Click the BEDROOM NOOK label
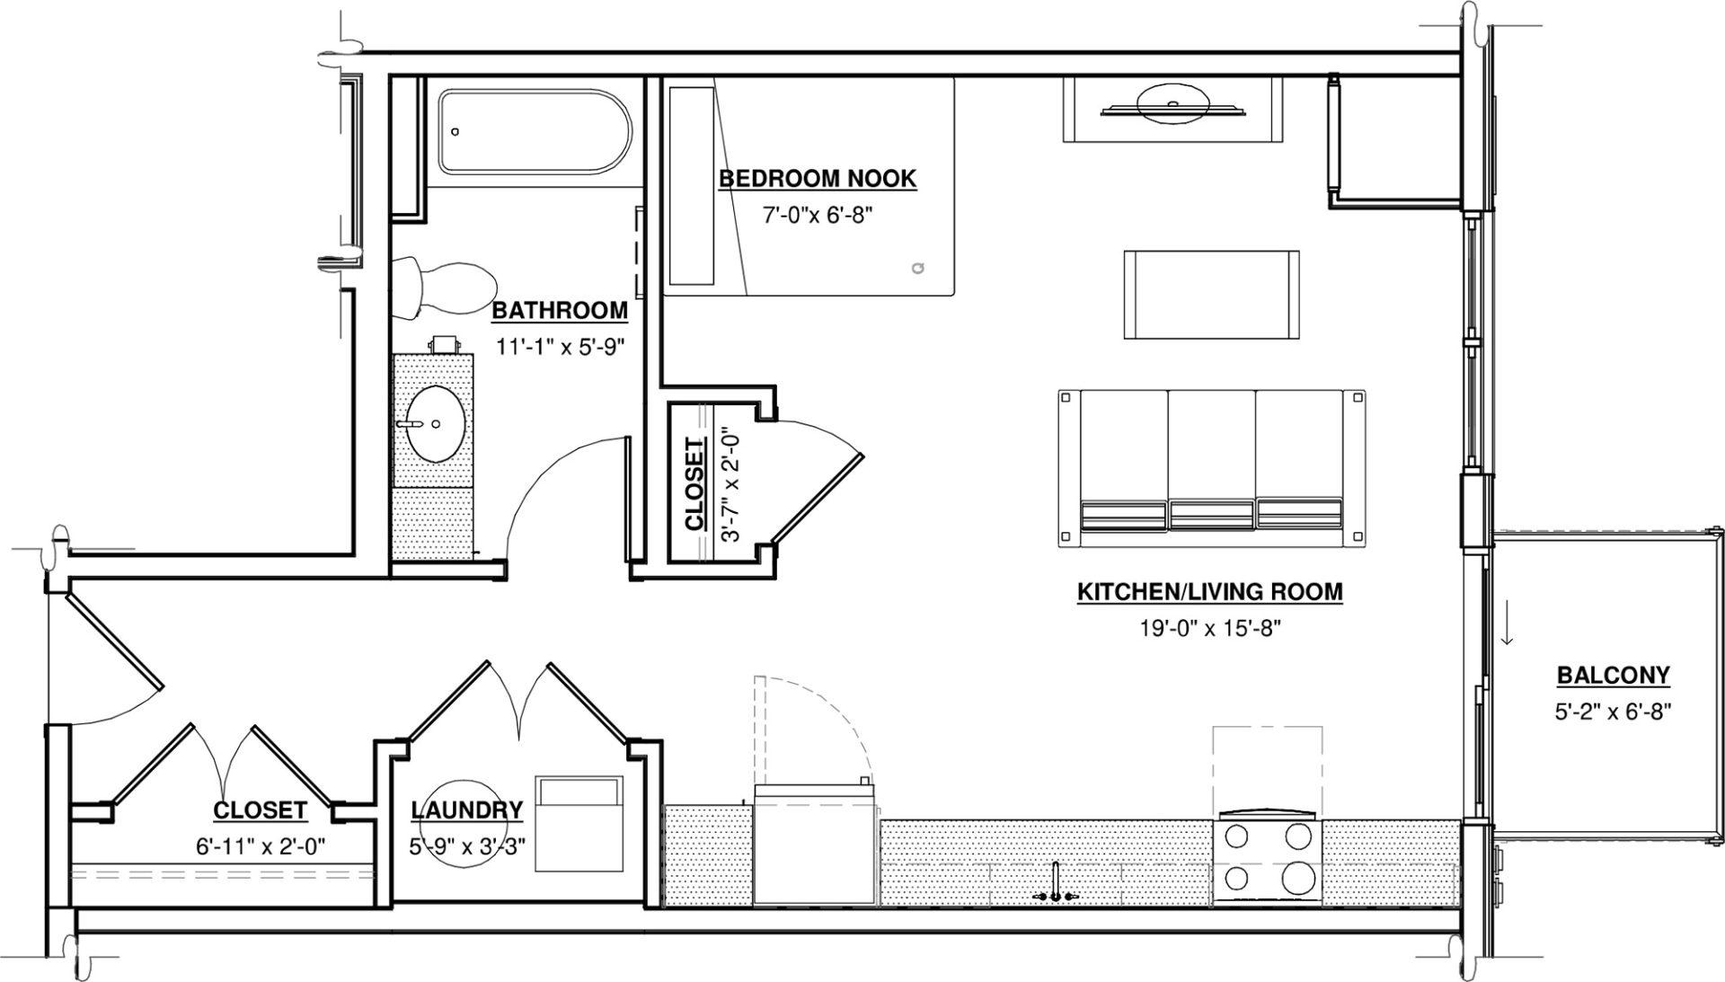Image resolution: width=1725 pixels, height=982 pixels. click(818, 178)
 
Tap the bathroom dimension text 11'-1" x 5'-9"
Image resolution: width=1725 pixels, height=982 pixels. click(560, 346)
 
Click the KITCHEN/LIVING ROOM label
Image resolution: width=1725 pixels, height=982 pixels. click(1209, 592)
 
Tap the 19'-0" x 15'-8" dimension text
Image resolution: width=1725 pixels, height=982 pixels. click(1209, 628)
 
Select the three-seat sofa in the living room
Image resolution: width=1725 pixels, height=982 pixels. click(1211, 468)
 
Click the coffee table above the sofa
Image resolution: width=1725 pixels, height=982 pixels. click(1211, 294)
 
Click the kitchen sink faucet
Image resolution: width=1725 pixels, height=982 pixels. click(1056, 885)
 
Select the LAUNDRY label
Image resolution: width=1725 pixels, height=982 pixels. click(466, 810)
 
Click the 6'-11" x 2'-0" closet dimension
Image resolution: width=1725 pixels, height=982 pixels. click(260, 846)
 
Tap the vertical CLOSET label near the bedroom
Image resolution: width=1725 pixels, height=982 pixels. click(694, 483)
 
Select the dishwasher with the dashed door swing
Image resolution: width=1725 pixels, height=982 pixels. click(813, 845)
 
